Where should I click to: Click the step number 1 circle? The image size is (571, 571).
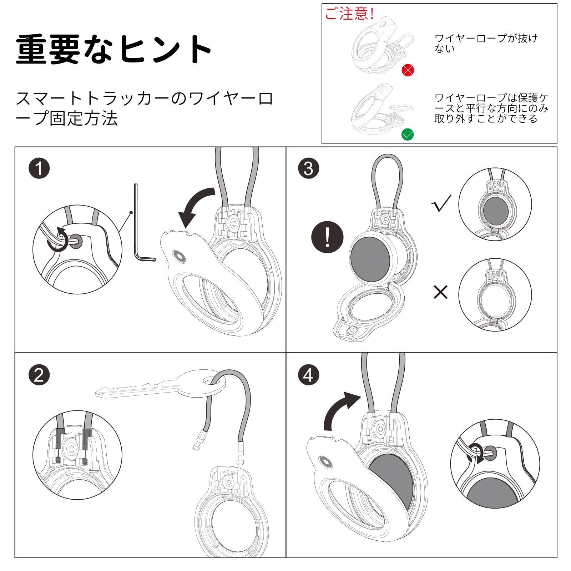(39, 168)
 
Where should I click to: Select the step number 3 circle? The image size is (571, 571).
(309, 168)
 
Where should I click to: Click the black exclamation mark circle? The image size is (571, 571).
(327, 237)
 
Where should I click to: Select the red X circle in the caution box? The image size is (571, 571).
(408, 70)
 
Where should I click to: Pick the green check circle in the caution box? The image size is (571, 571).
(408, 135)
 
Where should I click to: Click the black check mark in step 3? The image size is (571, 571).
(441, 203)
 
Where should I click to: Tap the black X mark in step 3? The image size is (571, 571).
(440, 292)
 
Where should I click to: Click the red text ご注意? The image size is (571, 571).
(349, 14)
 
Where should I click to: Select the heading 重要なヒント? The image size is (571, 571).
(113, 49)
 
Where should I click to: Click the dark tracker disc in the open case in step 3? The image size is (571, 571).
(370, 257)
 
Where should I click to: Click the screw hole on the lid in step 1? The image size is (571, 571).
(178, 256)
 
